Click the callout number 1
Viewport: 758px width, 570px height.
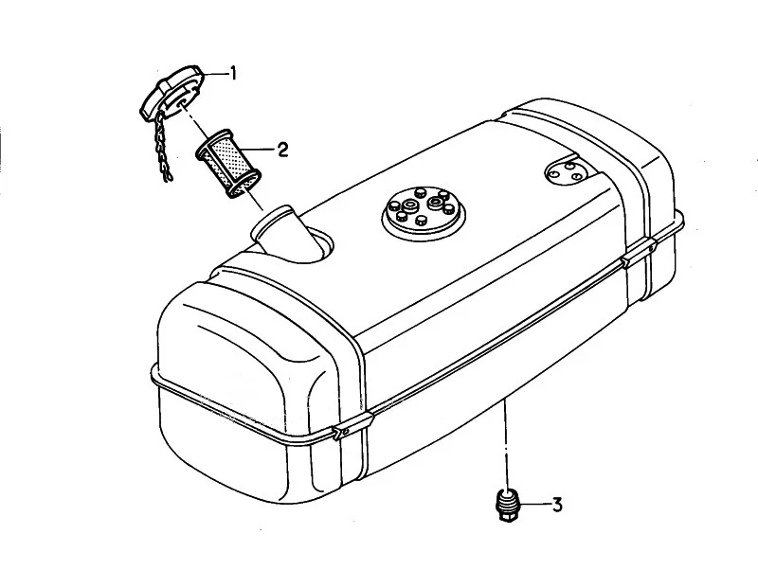233,74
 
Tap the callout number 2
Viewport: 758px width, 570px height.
282,150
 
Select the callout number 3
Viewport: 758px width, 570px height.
557,505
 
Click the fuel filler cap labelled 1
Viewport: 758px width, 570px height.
171,92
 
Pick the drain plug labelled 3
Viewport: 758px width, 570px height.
506,506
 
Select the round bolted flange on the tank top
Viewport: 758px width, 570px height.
423,211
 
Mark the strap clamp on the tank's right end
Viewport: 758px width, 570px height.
638,252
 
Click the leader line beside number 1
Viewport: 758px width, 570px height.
216,74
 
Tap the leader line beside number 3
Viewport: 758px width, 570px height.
533,505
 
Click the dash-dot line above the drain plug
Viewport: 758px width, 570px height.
506,444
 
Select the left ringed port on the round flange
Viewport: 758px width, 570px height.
410,205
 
